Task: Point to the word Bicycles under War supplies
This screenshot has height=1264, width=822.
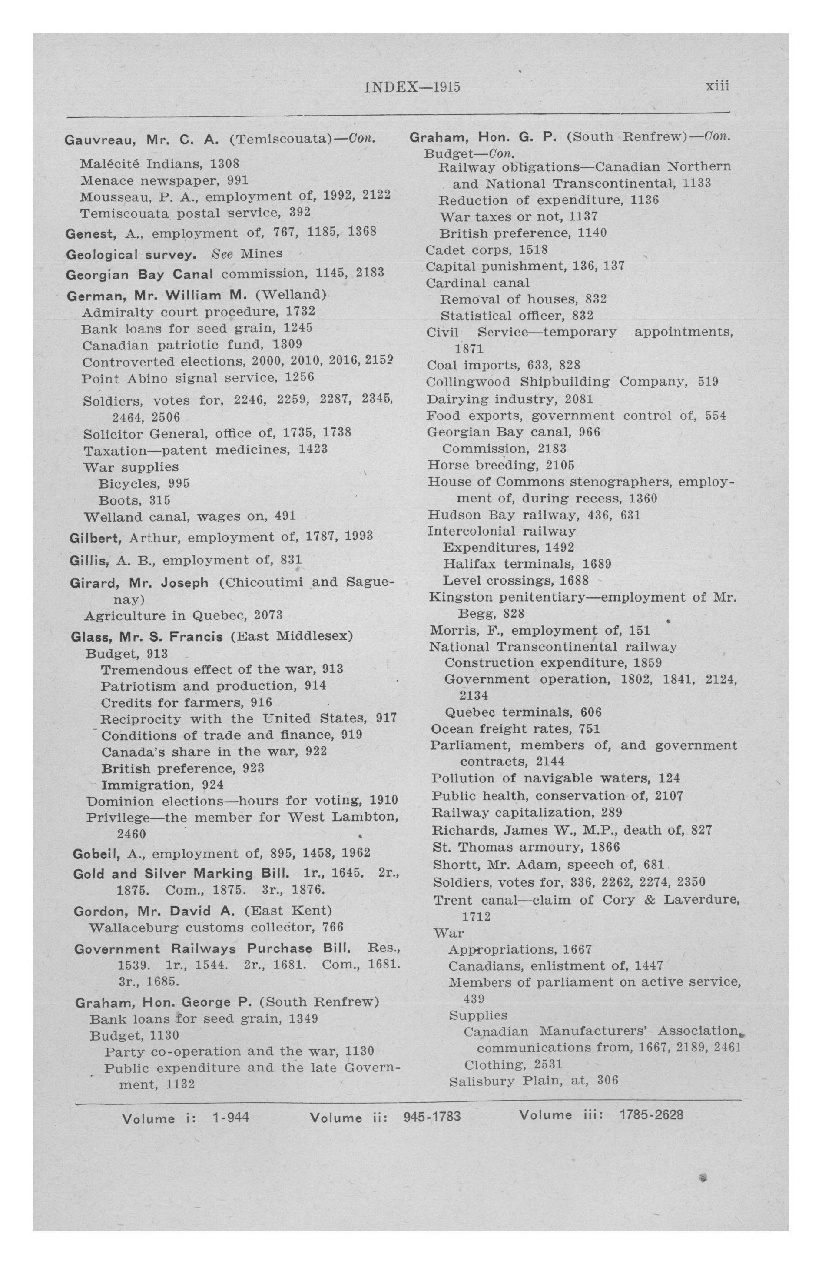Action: [x=129, y=484]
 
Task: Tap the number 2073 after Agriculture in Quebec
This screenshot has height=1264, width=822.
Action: [x=268, y=615]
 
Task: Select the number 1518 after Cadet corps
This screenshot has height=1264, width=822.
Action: [x=533, y=249]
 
